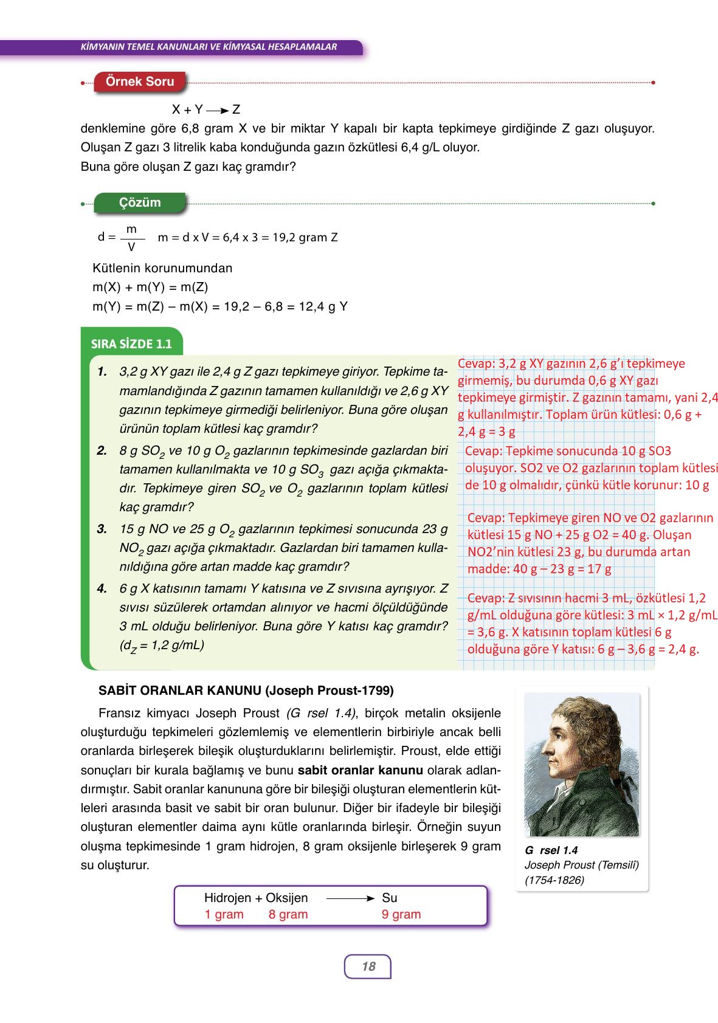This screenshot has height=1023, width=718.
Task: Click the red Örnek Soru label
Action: pyautogui.click(x=140, y=81)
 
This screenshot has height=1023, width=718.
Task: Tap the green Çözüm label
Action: pyautogui.click(x=140, y=202)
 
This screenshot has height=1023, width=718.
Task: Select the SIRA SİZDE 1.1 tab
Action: pyautogui.click(x=131, y=344)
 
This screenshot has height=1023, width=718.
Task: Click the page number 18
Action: pyautogui.click(x=368, y=966)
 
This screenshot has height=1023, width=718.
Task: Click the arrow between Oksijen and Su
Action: pyautogui.click(x=350, y=898)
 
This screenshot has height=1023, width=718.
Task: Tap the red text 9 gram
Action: pyautogui.click(x=401, y=914)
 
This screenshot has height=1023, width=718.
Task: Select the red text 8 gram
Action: pyautogui.click(x=288, y=914)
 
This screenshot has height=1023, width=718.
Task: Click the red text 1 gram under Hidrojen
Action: pyautogui.click(x=224, y=914)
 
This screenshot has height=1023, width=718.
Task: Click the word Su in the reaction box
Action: pyautogui.click(x=389, y=898)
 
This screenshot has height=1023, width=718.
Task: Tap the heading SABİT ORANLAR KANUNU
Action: pyautogui.click(x=246, y=691)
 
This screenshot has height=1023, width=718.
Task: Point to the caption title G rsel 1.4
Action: pyautogui.click(x=551, y=850)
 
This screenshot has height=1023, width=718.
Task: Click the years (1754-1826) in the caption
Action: pyautogui.click(x=554, y=880)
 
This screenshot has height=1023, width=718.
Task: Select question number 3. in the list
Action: pyautogui.click(x=102, y=529)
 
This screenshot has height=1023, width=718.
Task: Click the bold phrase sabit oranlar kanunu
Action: pyautogui.click(x=360, y=770)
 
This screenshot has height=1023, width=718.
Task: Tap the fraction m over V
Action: pyautogui.click(x=131, y=238)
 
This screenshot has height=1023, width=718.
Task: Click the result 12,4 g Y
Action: pyautogui.click(x=323, y=306)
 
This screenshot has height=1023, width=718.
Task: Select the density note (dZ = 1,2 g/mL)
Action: pyautogui.click(x=162, y=646)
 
